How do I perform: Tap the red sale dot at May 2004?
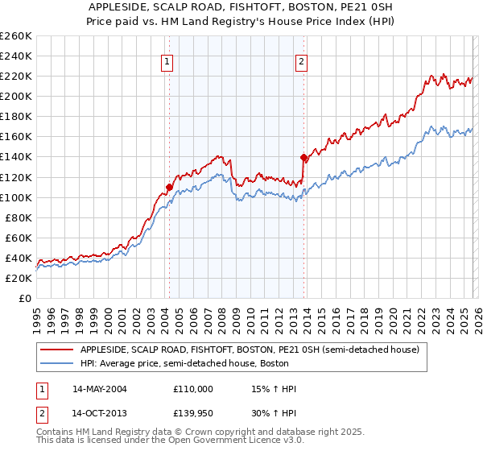click(169, 187)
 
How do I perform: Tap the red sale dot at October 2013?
click(303, 157)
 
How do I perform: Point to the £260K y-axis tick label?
click(15, 36)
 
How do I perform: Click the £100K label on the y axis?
click(15, 197)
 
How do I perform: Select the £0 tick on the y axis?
click(25, 298)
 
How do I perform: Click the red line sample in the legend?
click(57, 350)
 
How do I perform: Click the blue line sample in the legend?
click(57, 363)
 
